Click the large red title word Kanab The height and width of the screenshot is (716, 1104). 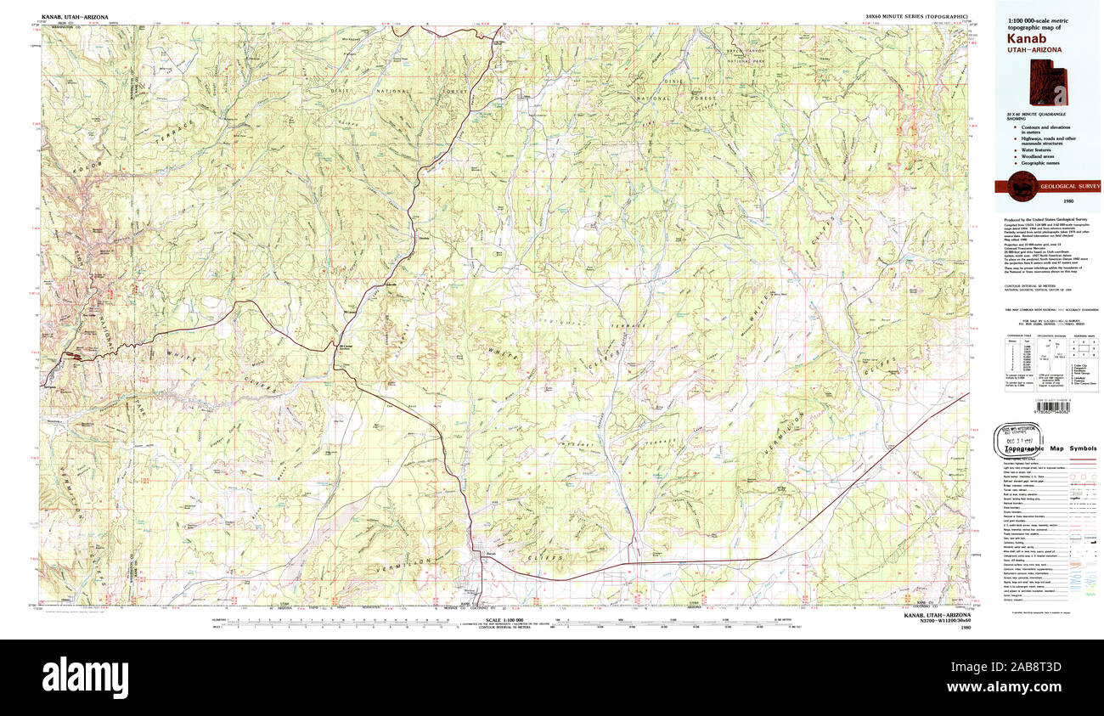[1027, 38]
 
